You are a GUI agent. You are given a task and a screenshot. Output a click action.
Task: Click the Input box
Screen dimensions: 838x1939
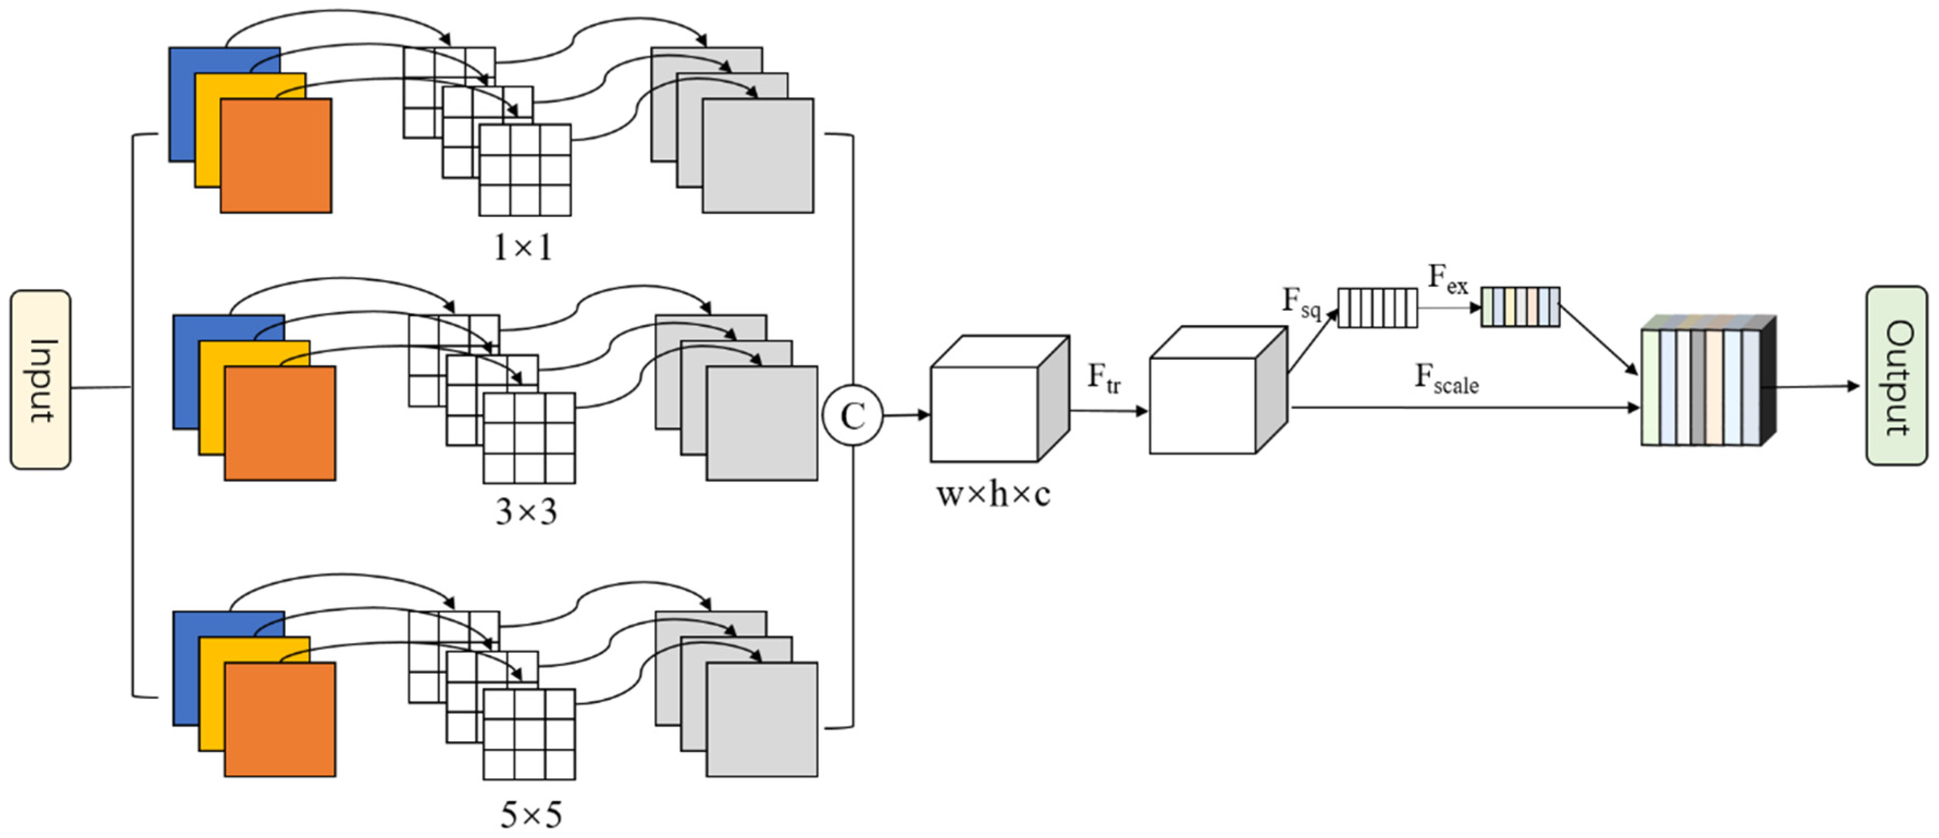coord(41,380)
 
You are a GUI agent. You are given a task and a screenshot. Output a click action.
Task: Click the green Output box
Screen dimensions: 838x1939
coord(1896,375)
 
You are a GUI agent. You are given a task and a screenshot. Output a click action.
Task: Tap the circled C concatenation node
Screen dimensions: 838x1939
coord(852,416)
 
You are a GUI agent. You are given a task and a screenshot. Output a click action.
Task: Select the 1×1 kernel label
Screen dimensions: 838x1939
coord(523,248)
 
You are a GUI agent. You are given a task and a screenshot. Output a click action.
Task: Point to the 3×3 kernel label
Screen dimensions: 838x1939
coord(526,513)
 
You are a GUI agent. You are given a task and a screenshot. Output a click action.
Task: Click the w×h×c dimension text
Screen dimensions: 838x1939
coord(993,495)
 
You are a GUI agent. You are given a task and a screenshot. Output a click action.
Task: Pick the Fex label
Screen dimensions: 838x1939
coord(1447,279)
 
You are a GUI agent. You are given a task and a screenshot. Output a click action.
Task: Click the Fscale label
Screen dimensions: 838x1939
coord(1446,379)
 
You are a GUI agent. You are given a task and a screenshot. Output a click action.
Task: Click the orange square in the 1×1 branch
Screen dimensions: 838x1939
coord(276,156)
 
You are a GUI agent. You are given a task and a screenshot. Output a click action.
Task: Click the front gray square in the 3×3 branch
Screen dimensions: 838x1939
coord(762,423)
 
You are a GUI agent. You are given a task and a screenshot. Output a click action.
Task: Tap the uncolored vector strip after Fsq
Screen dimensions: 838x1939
coord(1378,308)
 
